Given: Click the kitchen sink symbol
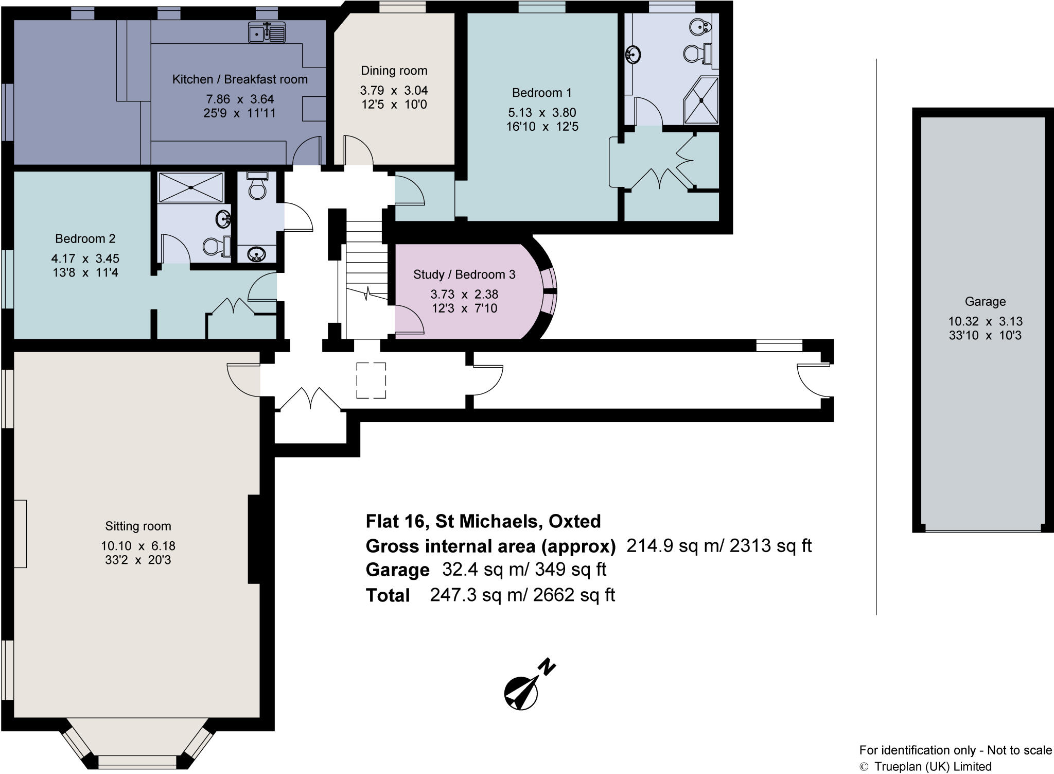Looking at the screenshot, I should click(x=266, y=32).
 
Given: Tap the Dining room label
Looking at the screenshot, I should click(x=394, y=71).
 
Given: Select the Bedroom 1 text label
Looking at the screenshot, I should click(x=541, y=93).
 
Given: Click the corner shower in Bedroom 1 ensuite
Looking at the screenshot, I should click(x=701, y=101).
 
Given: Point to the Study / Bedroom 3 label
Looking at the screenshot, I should click(x=464, y=274).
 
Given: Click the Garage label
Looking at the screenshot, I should click(x=985, y=302).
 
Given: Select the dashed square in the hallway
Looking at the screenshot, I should click(x=371, y=380).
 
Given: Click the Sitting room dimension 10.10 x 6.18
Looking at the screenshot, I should click(x=138, y=546).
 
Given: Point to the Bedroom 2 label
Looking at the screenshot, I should click(x=85, y=238).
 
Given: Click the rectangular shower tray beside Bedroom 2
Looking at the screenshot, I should click(x=190, y=187).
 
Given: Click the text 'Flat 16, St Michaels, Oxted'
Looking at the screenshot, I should click(x=483, y=521).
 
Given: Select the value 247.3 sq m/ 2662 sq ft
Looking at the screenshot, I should click(x=522, y=595).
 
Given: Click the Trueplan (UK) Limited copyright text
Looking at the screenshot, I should click(x=925, y=766).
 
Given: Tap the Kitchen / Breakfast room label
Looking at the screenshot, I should click(x=240, y=79).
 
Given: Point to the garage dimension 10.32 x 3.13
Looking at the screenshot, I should click(x=985, y=321).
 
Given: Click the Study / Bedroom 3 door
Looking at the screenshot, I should click(x=409, y=319).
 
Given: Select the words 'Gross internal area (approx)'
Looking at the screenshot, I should click(x=490, y=546).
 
